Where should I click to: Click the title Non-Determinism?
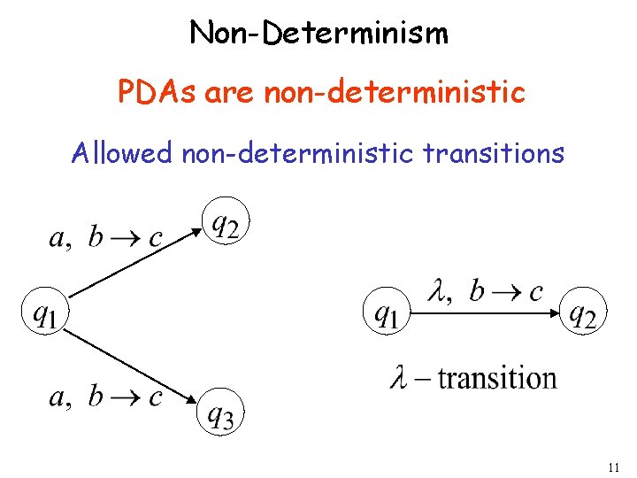tap(318, 34)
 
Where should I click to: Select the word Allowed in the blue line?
tap(122, 153)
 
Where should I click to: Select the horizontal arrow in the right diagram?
tap(485, 312)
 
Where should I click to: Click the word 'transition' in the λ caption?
tap(497, 378)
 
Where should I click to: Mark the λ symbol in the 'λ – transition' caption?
tap(398, 378)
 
